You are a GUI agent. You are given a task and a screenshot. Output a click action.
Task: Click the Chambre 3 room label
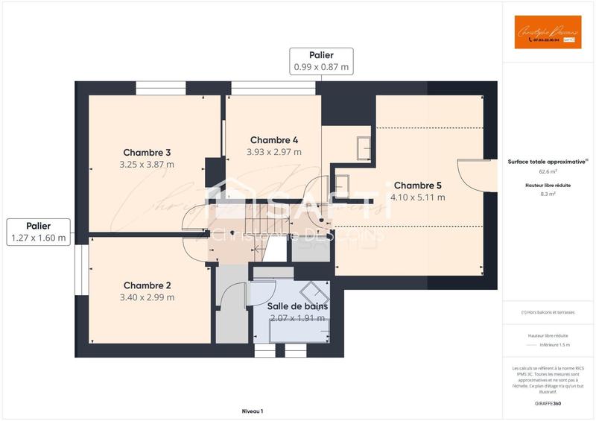click(148, 153)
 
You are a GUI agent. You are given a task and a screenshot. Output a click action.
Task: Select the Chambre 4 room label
click(274, 140)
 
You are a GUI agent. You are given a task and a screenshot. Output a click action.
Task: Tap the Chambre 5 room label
click(418, 186)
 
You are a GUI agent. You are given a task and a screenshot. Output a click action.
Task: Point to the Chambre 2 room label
click(148, 285)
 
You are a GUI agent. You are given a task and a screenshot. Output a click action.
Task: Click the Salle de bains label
click(297, 306)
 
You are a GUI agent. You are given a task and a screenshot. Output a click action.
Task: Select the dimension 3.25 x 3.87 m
click(148, 165)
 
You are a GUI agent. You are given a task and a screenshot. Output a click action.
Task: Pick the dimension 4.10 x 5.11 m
click(418, 197)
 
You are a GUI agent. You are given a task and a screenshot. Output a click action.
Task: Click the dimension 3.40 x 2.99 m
click(148, 297)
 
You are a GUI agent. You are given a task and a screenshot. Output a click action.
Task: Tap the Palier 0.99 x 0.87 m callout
click(321, 61)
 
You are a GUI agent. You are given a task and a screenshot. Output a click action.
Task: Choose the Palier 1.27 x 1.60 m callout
click(38, 232)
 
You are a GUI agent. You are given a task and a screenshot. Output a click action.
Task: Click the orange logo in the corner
click(548, 32)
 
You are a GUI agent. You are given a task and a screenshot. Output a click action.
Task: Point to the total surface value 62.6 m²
click(548, 171)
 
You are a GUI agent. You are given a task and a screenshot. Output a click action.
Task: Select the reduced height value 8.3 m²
click(548, 194)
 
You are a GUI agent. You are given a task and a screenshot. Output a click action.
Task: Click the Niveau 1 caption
click(253, 411)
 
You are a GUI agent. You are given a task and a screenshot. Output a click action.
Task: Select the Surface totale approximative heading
click(546, 161)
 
